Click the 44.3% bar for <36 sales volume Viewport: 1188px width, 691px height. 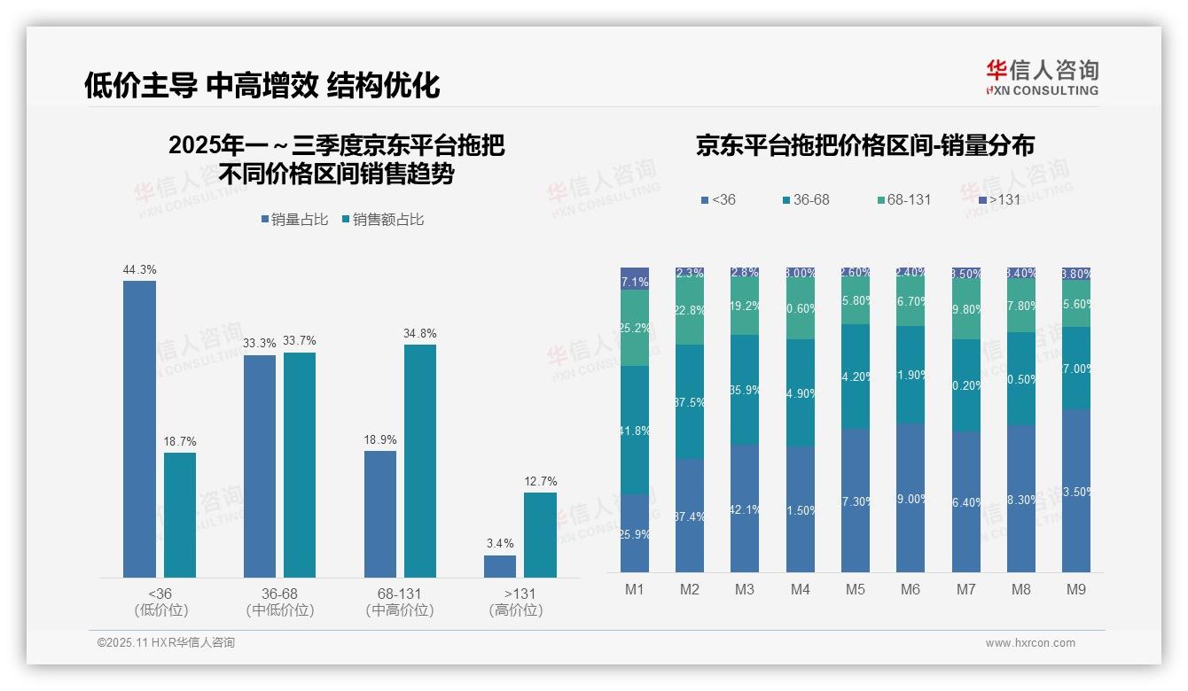point(139,429)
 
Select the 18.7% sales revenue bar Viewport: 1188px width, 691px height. point(180,515)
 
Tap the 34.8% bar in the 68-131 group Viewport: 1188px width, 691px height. point(420,461)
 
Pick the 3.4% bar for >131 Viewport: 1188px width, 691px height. point(500,566)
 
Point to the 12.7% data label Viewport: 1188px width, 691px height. point(540,482)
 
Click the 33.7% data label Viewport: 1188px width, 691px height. point(299,341)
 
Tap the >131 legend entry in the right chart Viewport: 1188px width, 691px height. point(997,199)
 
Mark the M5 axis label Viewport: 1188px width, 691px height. point(855,589)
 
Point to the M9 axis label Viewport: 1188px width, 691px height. point(1075,589)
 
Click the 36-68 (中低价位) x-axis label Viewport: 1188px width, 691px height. point(279,602)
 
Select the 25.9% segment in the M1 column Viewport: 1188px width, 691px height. point(635,532)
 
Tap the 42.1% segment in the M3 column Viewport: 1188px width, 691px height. point(745,508)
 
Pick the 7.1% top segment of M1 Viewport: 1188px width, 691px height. point(635,278)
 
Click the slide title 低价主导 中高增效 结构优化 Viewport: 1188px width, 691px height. point(262,85)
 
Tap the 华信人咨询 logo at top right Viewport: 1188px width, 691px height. point(1042,77)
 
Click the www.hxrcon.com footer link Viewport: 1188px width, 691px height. point(1030,643)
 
